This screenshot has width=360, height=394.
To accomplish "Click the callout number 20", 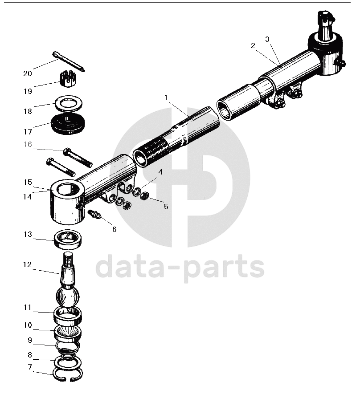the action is coord(28,73).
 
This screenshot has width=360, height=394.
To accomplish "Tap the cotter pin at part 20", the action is coord(69,61).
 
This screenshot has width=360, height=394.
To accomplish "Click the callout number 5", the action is coord(166,207).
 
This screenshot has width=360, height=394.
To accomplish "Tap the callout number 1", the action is coord(166,97).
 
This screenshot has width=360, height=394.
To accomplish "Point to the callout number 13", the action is coord(28,234).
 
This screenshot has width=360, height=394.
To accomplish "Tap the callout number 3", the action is coord(267,39).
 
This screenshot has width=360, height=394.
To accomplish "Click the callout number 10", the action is coord(28,325).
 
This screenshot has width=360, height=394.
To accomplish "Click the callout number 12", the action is coord(28,264).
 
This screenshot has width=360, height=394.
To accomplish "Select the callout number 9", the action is coord(30,340).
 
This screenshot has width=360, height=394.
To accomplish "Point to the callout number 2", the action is coord(253,45).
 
